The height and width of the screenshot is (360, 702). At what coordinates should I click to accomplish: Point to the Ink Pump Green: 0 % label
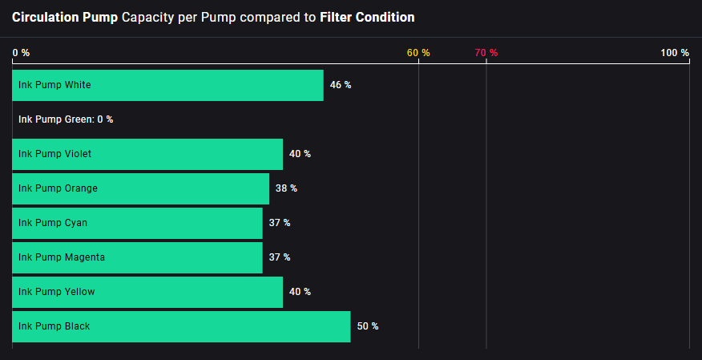point(66,119)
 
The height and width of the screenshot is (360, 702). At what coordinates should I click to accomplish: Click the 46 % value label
point(341,85)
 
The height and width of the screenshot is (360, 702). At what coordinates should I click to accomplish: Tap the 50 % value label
point(368,326)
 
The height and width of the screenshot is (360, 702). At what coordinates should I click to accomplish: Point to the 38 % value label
point(286,188)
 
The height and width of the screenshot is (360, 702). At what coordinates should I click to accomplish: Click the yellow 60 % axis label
point(418,53)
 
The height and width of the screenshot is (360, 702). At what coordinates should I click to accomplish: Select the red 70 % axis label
point(486,53)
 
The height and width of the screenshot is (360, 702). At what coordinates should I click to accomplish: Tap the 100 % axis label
point(675,53)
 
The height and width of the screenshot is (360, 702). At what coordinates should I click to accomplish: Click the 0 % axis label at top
point(21,53)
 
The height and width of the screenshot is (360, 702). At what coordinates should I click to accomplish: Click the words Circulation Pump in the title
point(65,17)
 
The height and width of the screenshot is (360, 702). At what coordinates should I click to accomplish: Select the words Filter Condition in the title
point(367,17)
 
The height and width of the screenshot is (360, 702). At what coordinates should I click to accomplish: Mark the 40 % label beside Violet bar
point(300,154)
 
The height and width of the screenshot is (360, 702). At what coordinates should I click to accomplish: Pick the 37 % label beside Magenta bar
point(280,257)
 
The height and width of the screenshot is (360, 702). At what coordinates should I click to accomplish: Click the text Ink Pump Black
point(54,326)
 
